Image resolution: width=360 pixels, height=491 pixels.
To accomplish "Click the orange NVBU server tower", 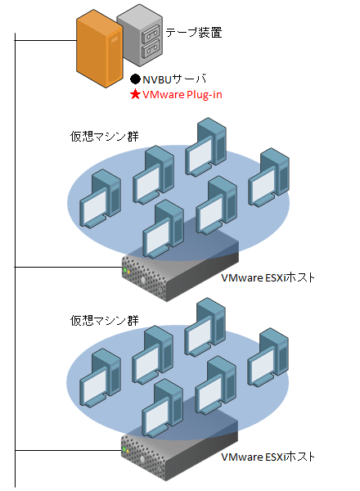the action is pyautogui.click(x=100, y=48).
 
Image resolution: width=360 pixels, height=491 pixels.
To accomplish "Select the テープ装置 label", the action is pyautogui.click(x=194, y=32).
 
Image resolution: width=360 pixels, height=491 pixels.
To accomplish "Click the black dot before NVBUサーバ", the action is pyautogui.click(x=135, y=79).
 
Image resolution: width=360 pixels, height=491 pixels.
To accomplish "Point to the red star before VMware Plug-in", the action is pyautogui.click(x=135, y=94).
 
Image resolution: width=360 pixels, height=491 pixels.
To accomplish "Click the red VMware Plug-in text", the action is pyautogui.click(x=182, y=94).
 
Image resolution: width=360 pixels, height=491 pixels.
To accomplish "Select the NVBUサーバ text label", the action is pyautogui.click(x=174, y=79).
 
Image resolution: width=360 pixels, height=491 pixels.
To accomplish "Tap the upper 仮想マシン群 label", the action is pyautogui.click(x=104, y=137).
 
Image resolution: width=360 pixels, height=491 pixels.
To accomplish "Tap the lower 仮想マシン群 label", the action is pyautogui.click(x=104, y=320).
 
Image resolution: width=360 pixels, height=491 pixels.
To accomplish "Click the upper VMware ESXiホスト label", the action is pyautogui.click(x=268, y=277).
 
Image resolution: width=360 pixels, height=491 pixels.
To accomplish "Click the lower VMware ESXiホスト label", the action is pyautogui.click(x=268, y=457).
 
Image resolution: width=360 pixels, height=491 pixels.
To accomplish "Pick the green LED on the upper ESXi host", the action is pyautogui.click(x=125, y=269).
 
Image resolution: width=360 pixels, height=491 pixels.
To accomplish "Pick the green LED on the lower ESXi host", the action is pyautogui.click(x=124, y=449).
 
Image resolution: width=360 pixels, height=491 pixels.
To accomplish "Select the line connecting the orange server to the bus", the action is pyautogui.click(x=46, y=41).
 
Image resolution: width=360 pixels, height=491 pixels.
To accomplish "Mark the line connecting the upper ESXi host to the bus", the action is pyautogui.click(x=68, y=267).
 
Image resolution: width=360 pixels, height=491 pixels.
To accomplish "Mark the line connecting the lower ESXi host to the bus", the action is pyautogui.click(x=68, y=450).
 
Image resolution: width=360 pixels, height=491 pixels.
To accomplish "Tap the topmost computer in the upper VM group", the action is pyautogui.click(x=205, y=146).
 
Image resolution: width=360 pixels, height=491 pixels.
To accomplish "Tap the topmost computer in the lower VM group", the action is pyautogui.click(x=205, y=328).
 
